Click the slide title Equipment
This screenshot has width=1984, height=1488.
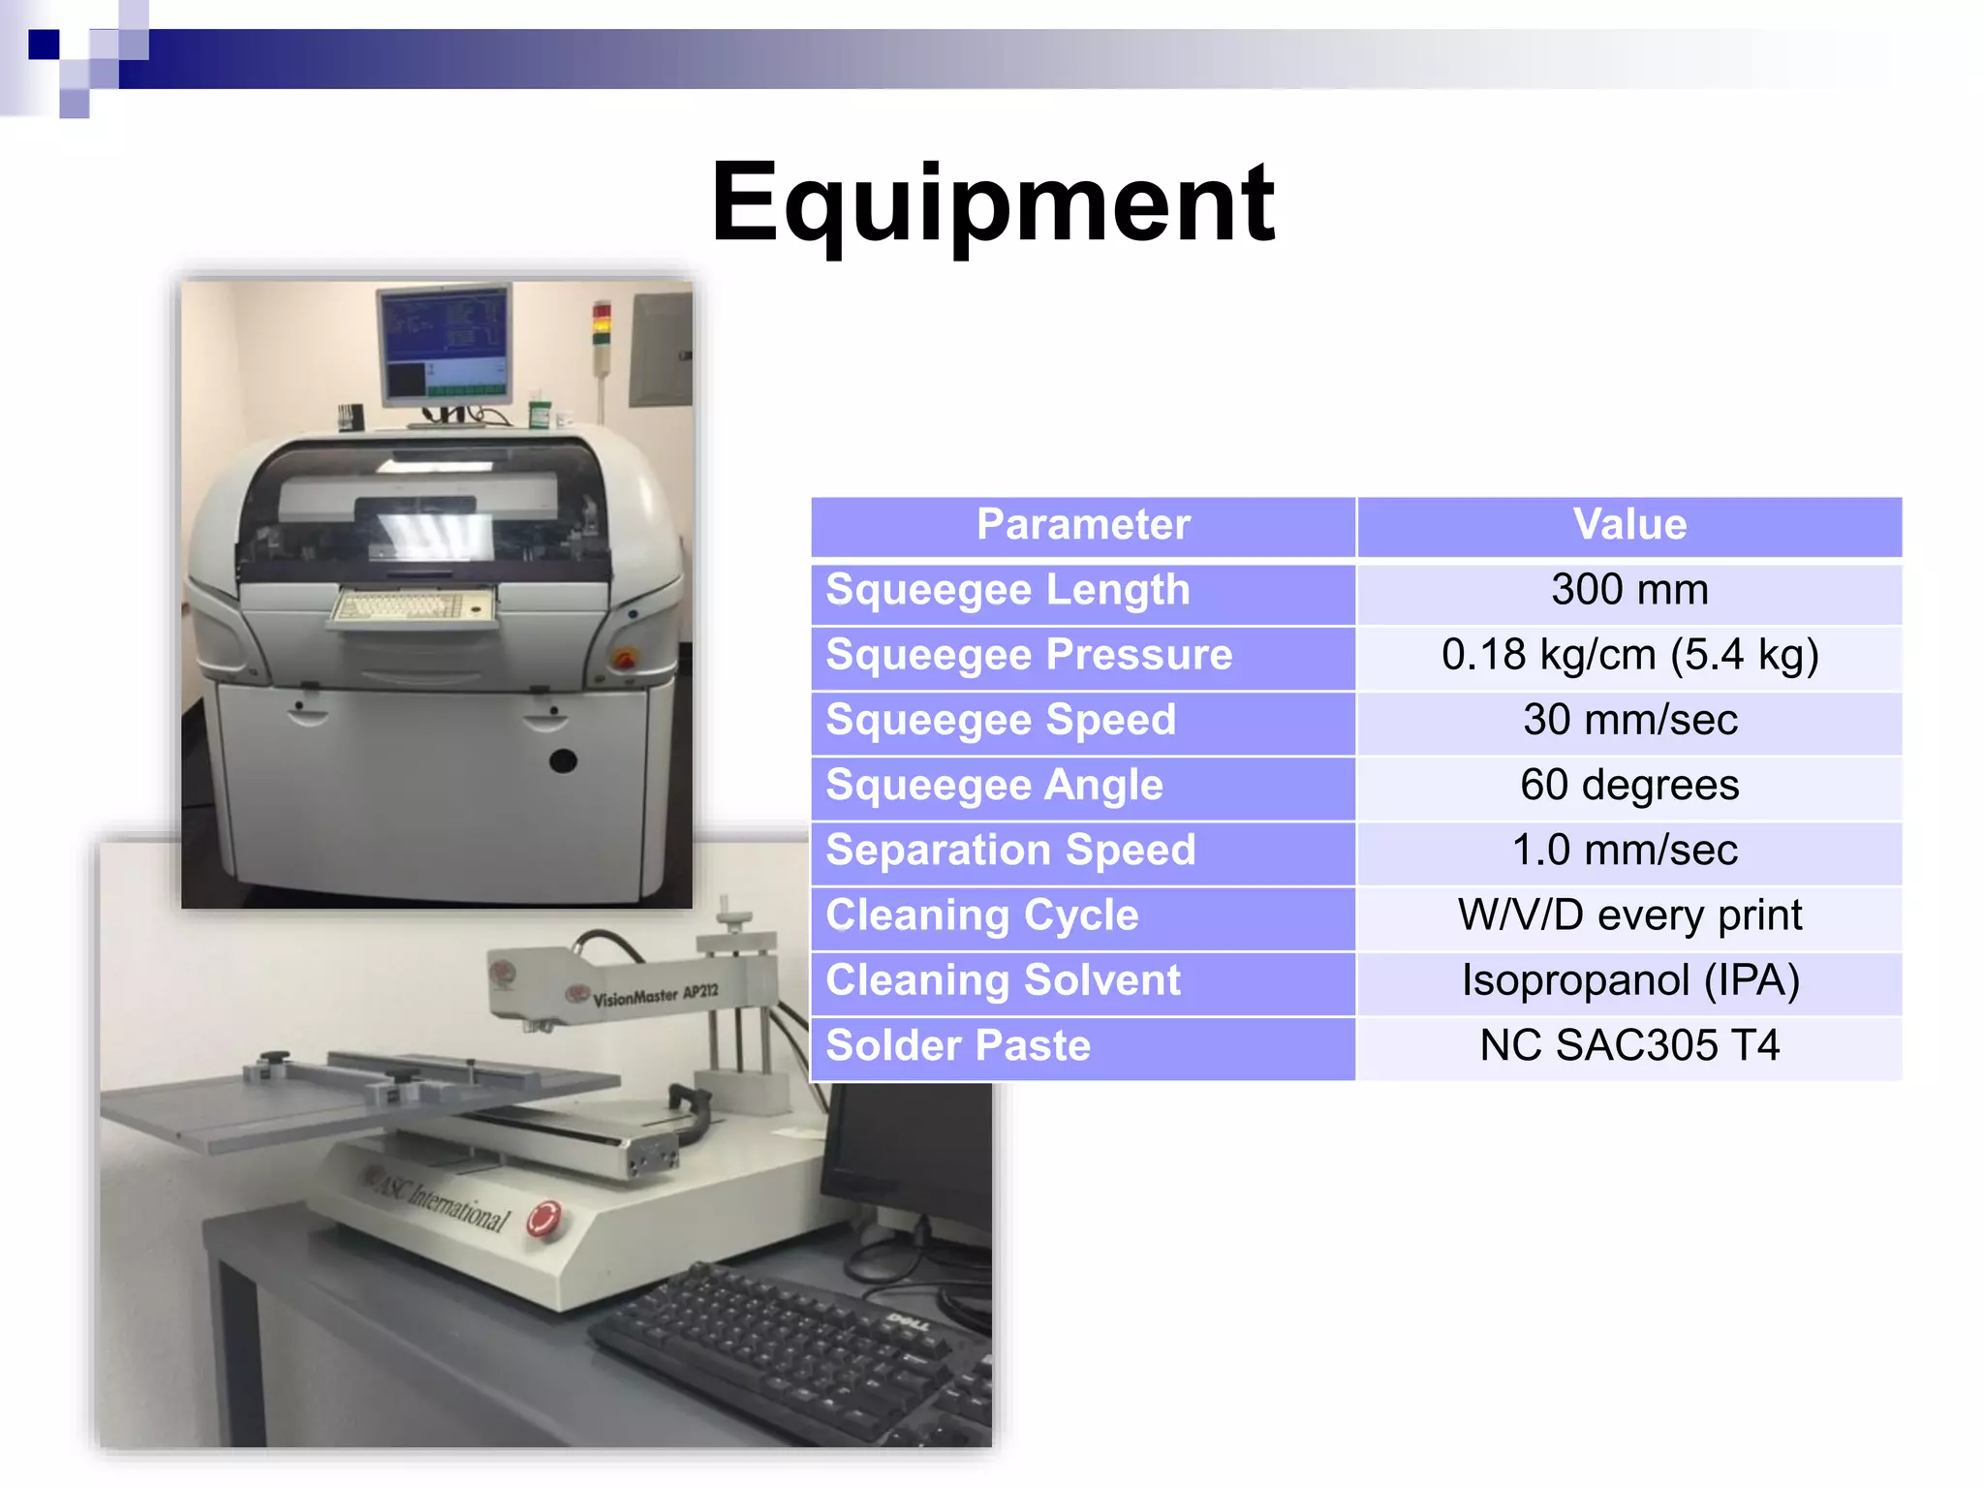click(x=992, y=203)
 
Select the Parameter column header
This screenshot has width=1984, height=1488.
click(x=1082, y=525)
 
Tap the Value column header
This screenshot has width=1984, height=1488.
click(x=1629, y=525)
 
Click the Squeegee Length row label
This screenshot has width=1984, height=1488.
click(x=1007, y=590)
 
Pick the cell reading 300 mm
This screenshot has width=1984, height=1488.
click(x=1629, y=590)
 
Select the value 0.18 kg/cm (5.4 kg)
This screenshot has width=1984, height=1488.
click(x=1629, y=655)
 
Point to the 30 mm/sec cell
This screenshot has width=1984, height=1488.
click(x=1629, y=720)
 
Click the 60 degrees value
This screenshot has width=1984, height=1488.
click(x=1629, y=785)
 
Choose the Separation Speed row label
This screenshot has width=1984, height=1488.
click(x=1010, y=851)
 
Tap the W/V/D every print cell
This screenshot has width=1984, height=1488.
click(x=1629, y=915)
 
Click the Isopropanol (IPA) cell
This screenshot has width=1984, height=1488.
click(x=1629, y=980)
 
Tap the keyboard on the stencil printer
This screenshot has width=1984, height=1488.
click(x=412, y=606)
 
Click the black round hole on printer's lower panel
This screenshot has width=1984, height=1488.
click(x=562, y=761)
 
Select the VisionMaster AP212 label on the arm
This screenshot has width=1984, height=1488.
click(x=656, y=995)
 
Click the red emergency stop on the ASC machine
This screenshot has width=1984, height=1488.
click(x=544, y=1219)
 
